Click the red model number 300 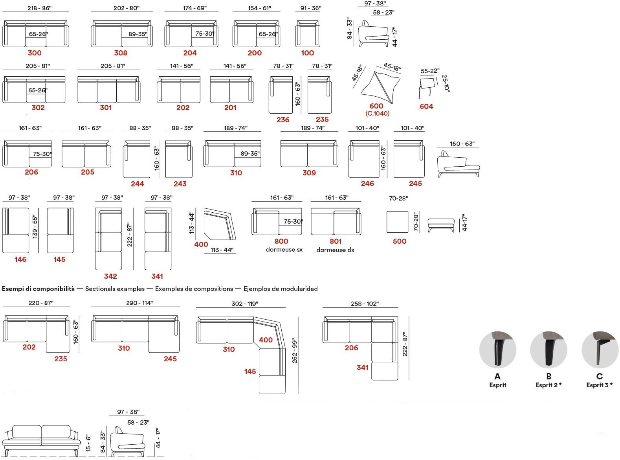coord(35,53)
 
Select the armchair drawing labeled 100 coord(307,34)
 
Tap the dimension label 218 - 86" coord(39,8)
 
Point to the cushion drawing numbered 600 coord(380,86)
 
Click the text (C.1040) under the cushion coord(377,114)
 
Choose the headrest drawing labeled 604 coord(427,87)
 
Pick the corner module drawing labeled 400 coord(219,224)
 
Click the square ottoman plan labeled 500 coord(398,222)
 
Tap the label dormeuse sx coord(284,250)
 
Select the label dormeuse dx coord(335,250)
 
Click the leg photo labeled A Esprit coord(497,350)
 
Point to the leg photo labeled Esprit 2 coord(548,350)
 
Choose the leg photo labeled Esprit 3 coord(600,350)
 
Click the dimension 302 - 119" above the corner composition coord(245,304)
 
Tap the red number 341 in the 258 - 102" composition coord(362,367)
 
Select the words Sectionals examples coord(115,289)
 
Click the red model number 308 coord(121,53)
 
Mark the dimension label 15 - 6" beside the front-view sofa coord(88,443)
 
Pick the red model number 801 coord(336,241)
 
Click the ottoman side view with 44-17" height coord(441,224)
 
